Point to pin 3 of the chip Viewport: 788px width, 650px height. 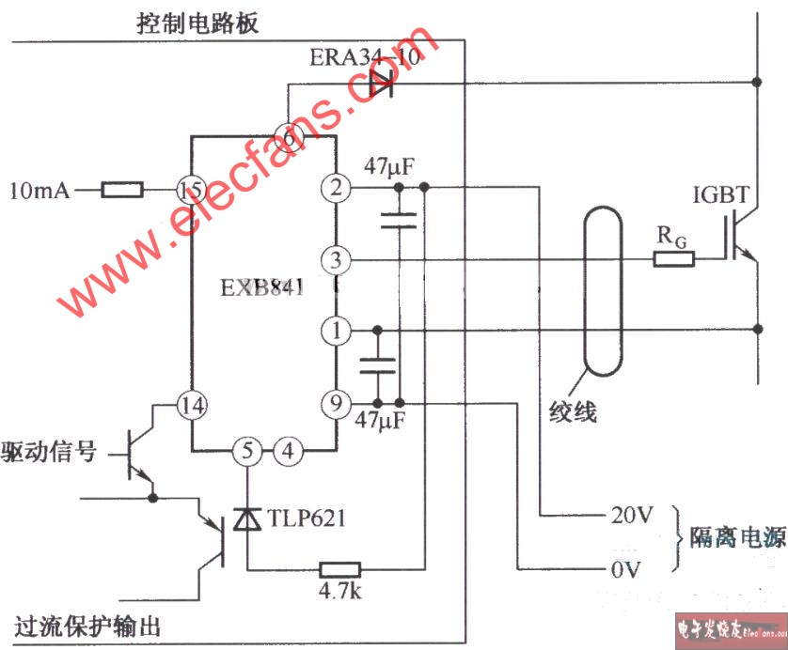pos(335,258)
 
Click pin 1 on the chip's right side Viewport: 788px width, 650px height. pos(335,330)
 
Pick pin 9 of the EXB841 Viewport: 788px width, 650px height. pos(335,404)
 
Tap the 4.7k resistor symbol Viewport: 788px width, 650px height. pos(339,568)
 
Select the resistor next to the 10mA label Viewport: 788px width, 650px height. pos(122,191)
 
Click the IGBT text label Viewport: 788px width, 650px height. pos(720,195)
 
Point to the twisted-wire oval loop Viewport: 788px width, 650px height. pos(602,291)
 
